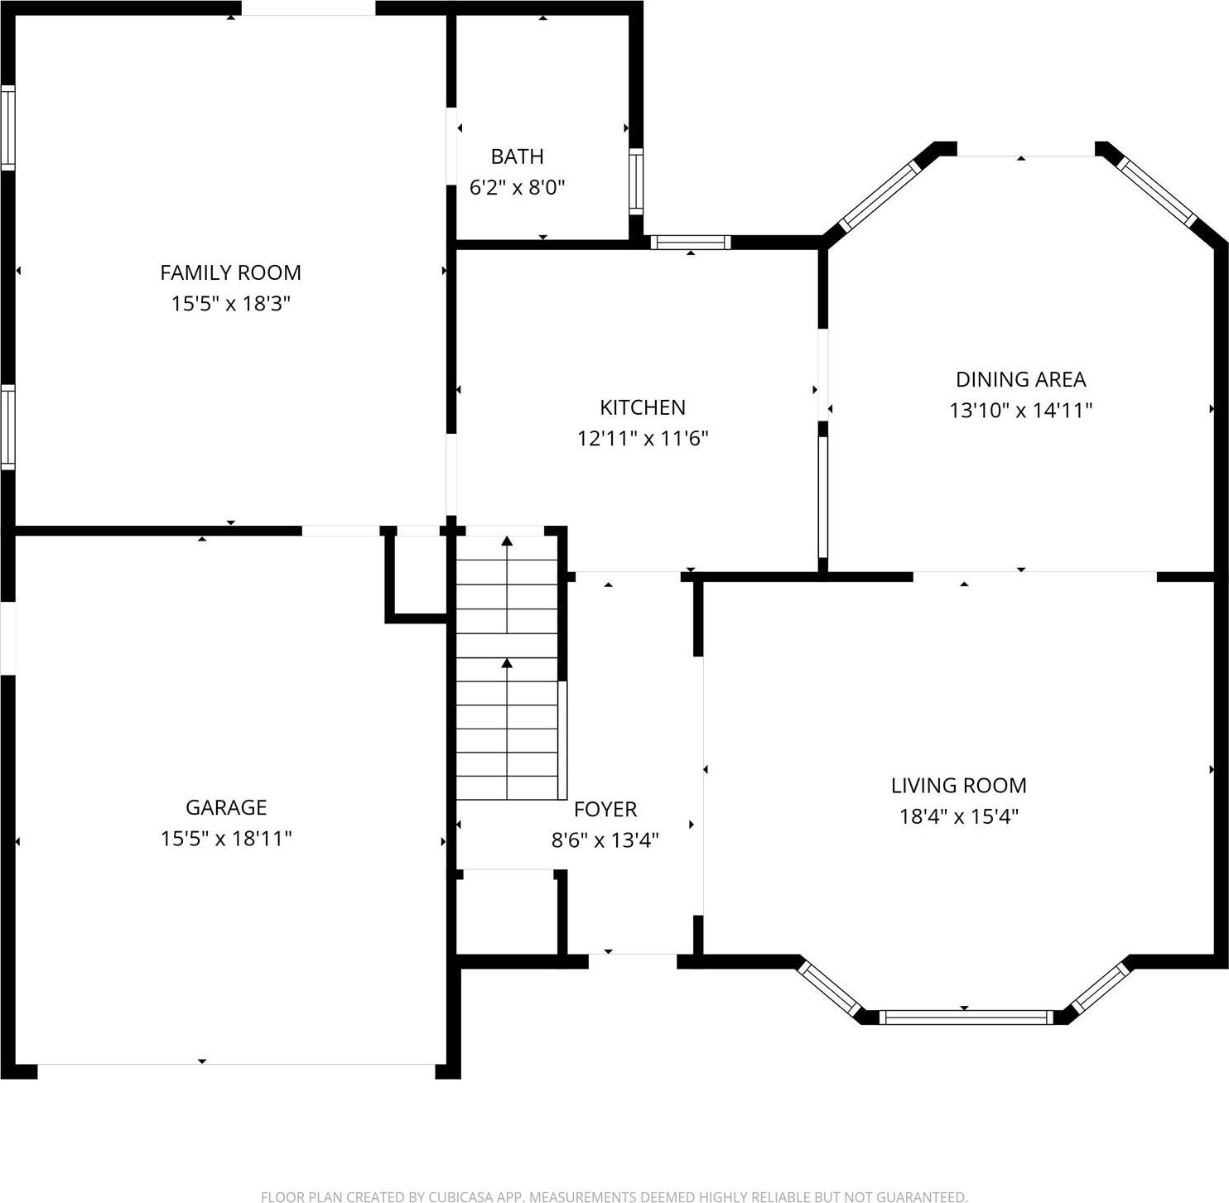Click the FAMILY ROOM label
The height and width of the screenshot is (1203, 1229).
pos(230,272)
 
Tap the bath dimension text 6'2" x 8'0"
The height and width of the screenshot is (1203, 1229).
pos(517,188)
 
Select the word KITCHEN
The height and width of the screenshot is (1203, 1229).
pos(643,407)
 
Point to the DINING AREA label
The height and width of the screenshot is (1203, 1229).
pos(1020,379)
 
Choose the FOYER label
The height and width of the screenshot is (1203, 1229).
pos(605,809)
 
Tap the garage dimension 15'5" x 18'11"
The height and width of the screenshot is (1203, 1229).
pos(226,839)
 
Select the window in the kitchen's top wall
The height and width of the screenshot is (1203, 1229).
pos(690,242)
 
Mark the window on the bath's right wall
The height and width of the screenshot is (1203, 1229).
pos(635,180)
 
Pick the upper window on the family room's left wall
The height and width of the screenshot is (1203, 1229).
pos(7,128)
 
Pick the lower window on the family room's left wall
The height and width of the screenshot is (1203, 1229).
pos(7,427)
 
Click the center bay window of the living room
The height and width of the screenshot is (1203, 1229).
pos(965,1017)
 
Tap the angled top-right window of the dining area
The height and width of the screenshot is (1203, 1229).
pos(1157,192)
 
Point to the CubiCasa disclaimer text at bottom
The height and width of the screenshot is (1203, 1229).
pos(614,1196)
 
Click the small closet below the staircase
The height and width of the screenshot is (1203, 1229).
pos(505,911)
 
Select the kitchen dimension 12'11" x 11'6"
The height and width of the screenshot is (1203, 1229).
pos(643,438)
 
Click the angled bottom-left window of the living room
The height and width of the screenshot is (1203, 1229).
pos(831,987)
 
